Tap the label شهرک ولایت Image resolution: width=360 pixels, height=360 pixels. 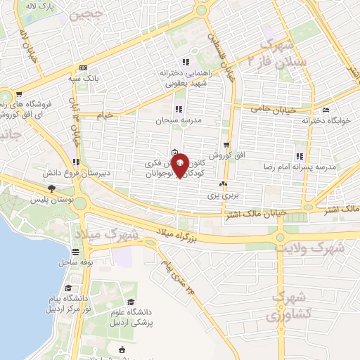[309, 247]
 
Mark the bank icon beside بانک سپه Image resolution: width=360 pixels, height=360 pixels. [84, 68]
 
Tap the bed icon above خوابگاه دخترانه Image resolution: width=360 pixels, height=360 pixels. [324, 110]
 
